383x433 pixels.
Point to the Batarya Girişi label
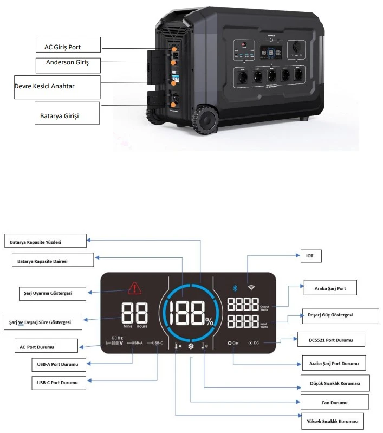pos(62,115)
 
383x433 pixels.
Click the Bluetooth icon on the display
pos(235,288)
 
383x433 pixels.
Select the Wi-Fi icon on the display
pos(250,288)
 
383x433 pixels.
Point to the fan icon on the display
pos(191,345)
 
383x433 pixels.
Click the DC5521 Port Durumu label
pos(331,340)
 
